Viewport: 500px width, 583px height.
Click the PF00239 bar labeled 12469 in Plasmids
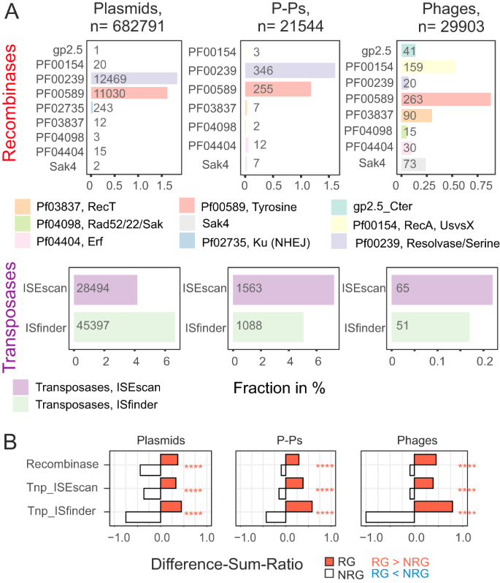pyautogui.click(x=134, y=78)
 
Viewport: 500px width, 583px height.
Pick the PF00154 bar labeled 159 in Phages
pyautogui.click(x=427, y=67)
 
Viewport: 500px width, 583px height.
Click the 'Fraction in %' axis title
pyautogui.click(x=279, y=389)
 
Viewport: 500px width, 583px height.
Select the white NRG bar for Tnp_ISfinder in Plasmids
pyautogui.click(x=144, y=517)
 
